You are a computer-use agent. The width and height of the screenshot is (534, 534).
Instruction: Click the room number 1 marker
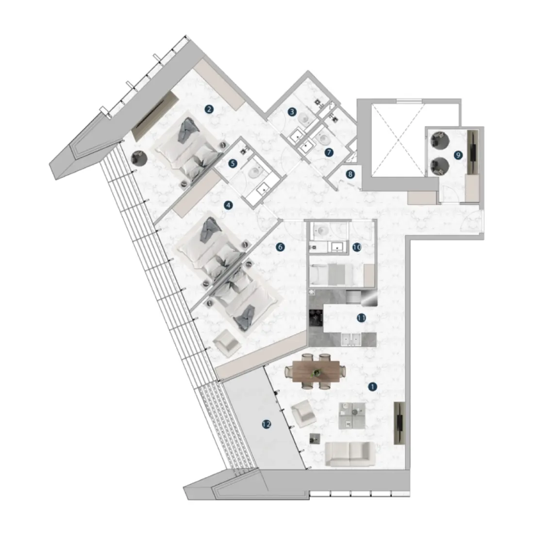373,387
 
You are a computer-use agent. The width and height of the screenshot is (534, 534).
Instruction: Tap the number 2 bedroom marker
209,109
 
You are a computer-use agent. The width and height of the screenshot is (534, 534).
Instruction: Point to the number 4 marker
229,205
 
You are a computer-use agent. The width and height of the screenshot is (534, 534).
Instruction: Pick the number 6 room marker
279,247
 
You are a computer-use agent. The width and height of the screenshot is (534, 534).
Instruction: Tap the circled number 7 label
329,152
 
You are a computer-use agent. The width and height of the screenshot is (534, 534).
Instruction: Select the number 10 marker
356,247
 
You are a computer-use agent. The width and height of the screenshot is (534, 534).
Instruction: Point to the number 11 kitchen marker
361,318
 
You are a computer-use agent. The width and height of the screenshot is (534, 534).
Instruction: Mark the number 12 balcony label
266,424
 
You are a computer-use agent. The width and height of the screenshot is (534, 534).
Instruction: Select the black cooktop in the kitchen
316,317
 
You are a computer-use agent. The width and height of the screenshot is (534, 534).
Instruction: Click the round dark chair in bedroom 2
139,158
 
